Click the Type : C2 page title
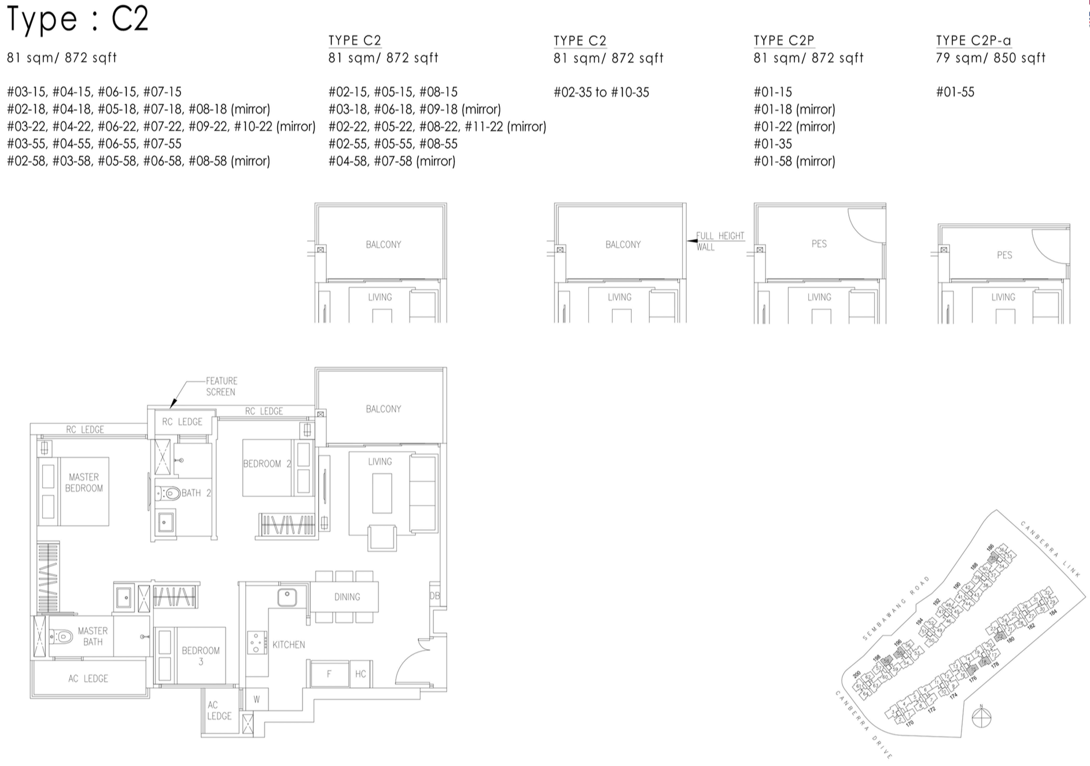tap(78, 19)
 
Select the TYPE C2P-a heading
tap(974, 40)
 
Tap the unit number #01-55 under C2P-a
tap(955, 92)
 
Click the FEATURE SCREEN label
tap(221, 386)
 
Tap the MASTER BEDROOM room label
tap(84, 483)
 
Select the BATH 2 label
tap(196, 493)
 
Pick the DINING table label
tap(347, 596)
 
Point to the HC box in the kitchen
tap(360, 674)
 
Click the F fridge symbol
tap(329, 674)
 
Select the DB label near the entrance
tap(434, 596)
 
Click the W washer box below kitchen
tap(256, 699)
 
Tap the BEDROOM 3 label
tap(201, 655)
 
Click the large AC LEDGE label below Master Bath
tap(88, 678)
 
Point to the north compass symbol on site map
tap(981, 718)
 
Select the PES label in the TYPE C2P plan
tap(819, 244)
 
